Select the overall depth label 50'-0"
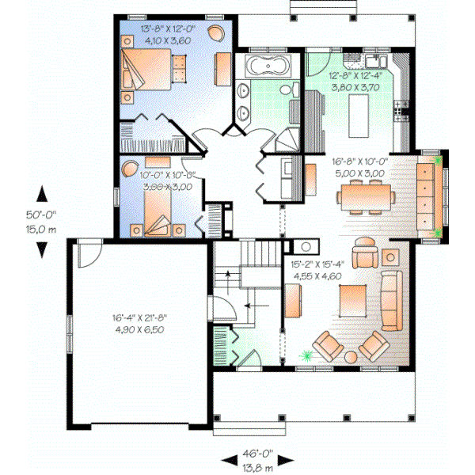[x=40, y=213]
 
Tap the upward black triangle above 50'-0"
[x=40, y=193]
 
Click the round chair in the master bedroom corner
[x=216, y=32]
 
